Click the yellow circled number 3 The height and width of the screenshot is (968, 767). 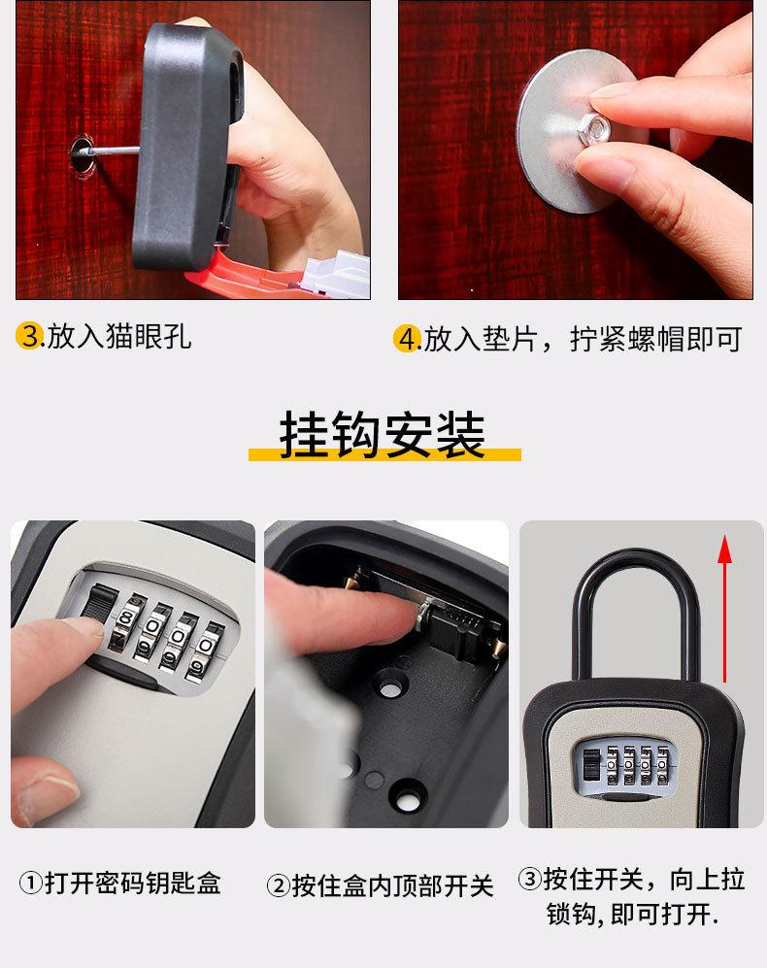tap(29, 337)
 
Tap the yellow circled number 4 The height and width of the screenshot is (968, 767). tap(407, 339)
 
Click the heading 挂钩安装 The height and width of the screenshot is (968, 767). tap(383, 435)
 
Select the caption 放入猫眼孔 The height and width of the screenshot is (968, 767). tap(119, 337)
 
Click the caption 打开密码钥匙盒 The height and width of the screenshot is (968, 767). tap(133, 883)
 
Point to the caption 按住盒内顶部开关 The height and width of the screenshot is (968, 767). tap(393, 885)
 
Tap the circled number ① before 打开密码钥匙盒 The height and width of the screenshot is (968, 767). tap(31, 883)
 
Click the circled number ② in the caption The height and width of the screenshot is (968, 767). tap(279, 885)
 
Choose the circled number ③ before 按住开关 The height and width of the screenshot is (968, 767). tap(530, 879)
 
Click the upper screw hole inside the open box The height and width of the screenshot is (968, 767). tap(390, 685)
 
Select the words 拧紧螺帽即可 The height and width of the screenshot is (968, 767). tap(655, 339)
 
